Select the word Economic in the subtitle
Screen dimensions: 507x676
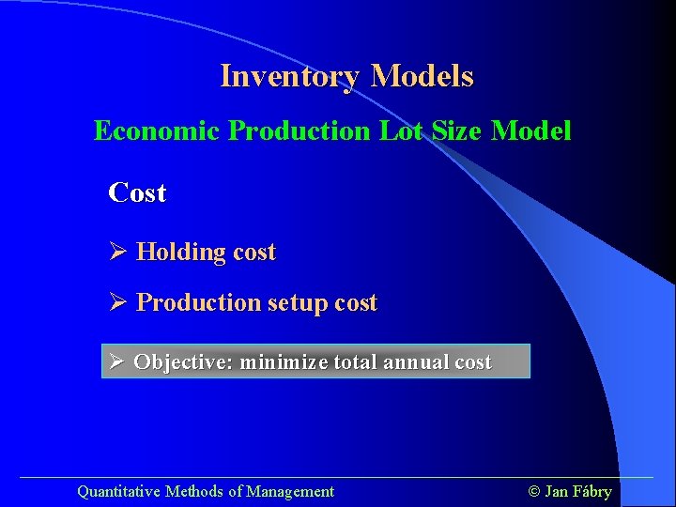[156, 131]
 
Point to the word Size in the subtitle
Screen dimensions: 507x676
[455, 131]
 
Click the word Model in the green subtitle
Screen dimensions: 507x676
[531, 131]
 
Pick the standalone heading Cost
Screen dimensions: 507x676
[137, 193]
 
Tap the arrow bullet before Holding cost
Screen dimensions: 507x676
[118, 252]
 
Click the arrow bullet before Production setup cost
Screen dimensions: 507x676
[118, 302]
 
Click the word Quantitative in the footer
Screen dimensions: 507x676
[118, 491]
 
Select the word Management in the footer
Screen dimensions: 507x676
[290, 491]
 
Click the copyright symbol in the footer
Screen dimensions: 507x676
[535, 491]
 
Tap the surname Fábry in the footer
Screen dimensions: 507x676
[592, 491]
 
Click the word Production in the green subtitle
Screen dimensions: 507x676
[300, 131]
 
